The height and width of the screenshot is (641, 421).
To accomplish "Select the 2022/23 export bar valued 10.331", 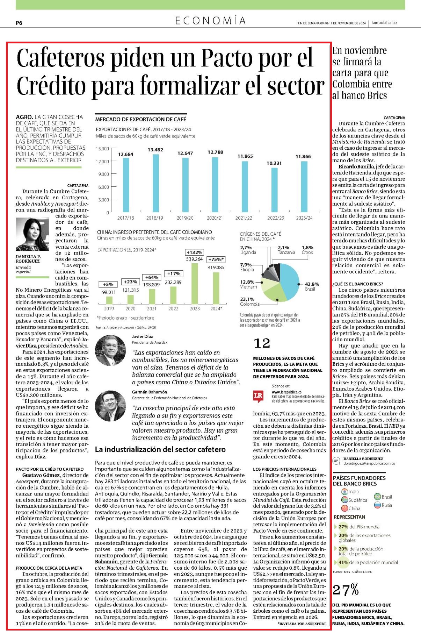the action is pos(275,190).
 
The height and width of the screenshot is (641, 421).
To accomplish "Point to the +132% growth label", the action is pos(195,252).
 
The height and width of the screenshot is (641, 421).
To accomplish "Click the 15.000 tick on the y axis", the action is pos(102,149).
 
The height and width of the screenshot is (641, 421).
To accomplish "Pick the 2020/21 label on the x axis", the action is pos(215,218).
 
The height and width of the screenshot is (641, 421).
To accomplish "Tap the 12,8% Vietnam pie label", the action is pos(248,284).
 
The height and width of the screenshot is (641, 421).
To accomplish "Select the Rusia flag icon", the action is pos(377,505).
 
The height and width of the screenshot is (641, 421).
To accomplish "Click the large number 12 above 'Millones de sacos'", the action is pos(262,343).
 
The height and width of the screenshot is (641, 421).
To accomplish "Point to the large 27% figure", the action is pos(346,590).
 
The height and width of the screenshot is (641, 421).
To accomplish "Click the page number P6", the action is pos(19,23).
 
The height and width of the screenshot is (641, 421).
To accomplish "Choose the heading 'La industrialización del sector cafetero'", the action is pos(160,449).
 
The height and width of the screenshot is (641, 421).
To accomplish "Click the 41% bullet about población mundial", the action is pos(366,562).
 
